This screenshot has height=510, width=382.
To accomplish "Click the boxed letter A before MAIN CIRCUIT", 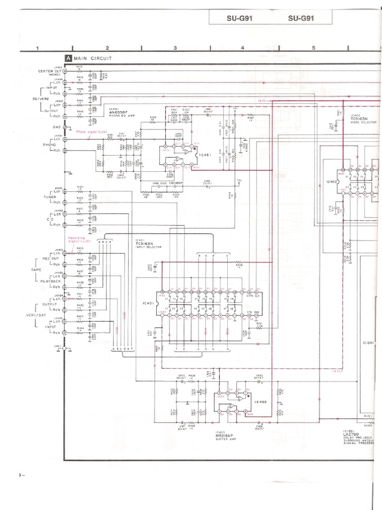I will coord(68,58).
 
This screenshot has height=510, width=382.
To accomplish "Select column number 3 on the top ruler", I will coord(175,48).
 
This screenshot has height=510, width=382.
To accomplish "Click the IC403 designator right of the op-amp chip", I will coord(260,401).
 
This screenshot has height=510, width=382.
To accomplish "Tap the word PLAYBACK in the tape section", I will coord(51,281).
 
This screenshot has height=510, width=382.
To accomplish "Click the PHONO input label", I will coord(49,144).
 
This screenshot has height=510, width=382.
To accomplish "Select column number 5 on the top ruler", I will coord(314,48).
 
